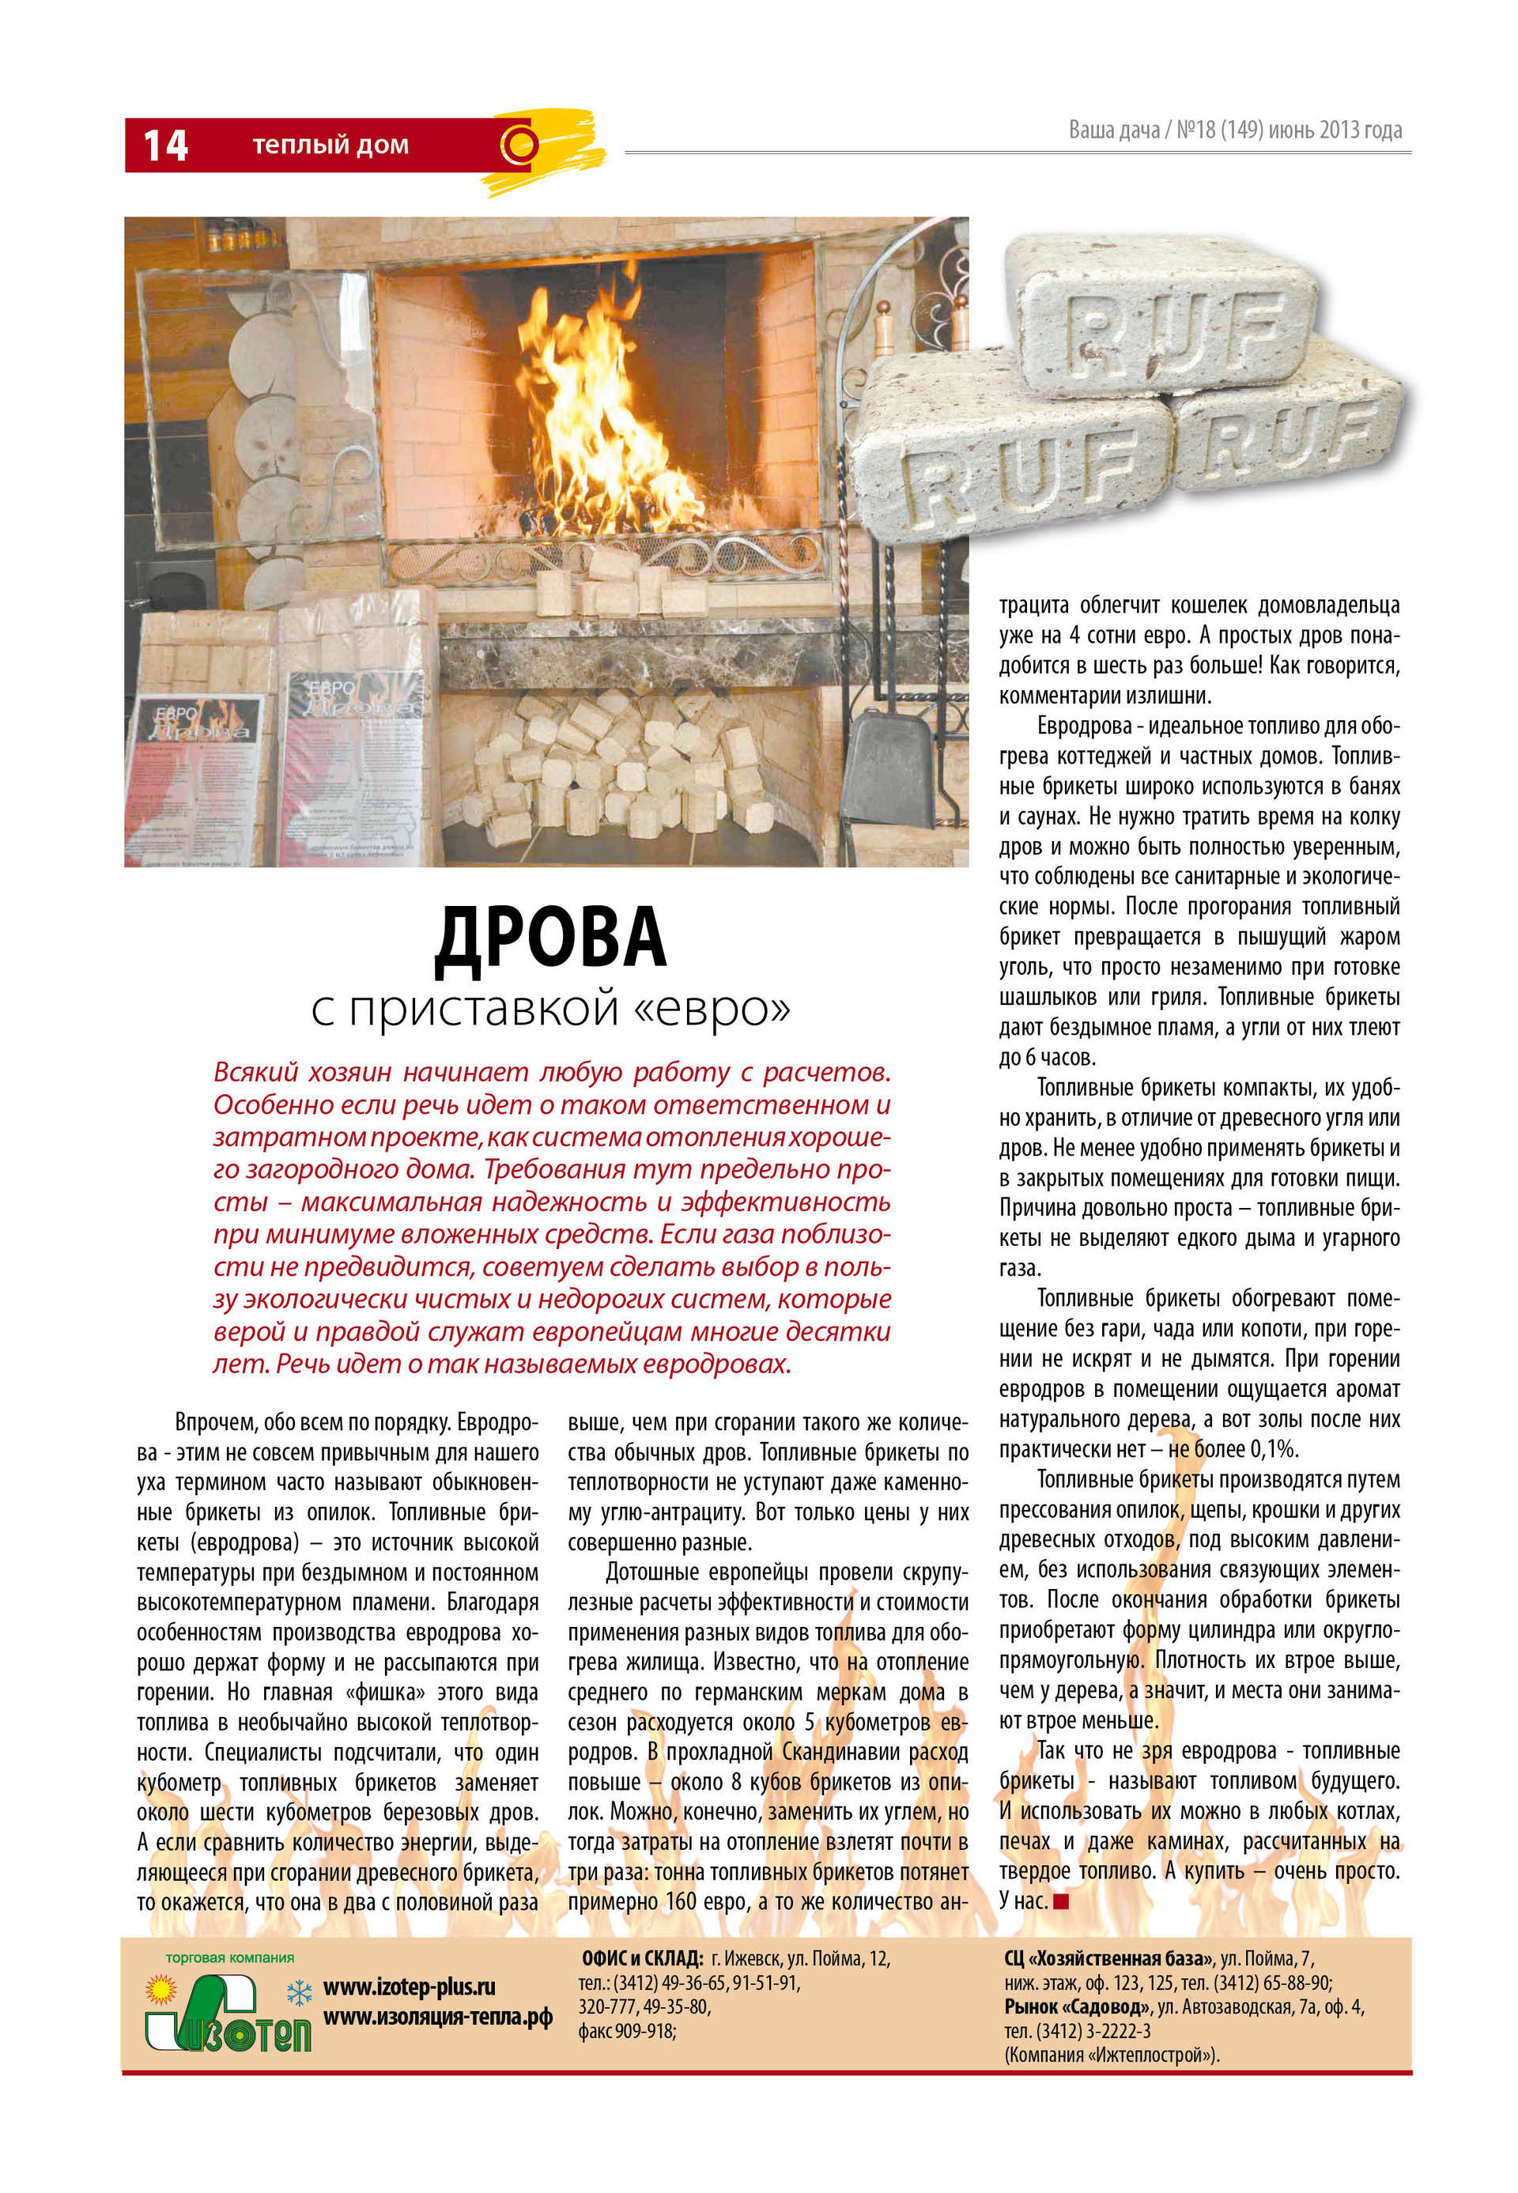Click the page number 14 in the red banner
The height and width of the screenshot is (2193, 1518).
(x=164, y=145)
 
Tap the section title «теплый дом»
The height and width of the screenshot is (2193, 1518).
(x=330, y=145)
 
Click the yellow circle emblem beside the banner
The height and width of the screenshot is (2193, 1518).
(x=520, y=145)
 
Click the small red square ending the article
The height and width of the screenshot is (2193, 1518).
(x=1062, y=1901)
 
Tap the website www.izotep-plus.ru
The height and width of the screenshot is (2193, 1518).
(x=409, y=1987)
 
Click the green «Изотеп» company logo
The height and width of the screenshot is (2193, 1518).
(x=228, y=2016)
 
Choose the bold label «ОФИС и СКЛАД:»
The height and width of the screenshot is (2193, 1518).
(x=642, y=1959)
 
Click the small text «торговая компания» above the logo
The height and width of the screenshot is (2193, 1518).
(x=229, y=1958)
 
